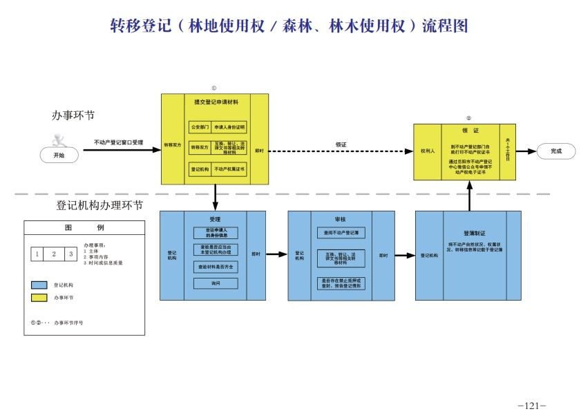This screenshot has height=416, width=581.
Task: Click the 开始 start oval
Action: coord(57,155)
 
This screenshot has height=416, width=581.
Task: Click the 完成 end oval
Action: coord(555,151)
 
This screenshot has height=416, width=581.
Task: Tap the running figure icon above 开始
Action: coord(58,138)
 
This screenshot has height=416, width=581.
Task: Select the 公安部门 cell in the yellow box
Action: coord(200,127)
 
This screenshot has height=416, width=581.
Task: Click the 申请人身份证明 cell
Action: coord(229,127)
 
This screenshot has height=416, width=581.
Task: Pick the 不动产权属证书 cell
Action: coord(229,168)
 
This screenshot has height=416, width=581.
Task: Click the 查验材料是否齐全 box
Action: coord(215,266)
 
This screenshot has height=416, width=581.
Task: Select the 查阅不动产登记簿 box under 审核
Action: coord(341,233)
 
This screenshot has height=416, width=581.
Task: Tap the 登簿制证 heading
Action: coord(475,234)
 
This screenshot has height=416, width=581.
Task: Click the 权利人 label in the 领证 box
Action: coord(427,151)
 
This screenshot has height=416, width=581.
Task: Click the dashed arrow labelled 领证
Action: coord(341,151)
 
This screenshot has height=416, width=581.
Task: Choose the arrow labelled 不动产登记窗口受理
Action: coord(119,149)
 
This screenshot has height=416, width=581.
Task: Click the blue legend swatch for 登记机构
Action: coord(39,285)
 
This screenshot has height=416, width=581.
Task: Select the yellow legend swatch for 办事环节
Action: coord(39,298)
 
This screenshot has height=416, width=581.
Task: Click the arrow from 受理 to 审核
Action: coord(276,254)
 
